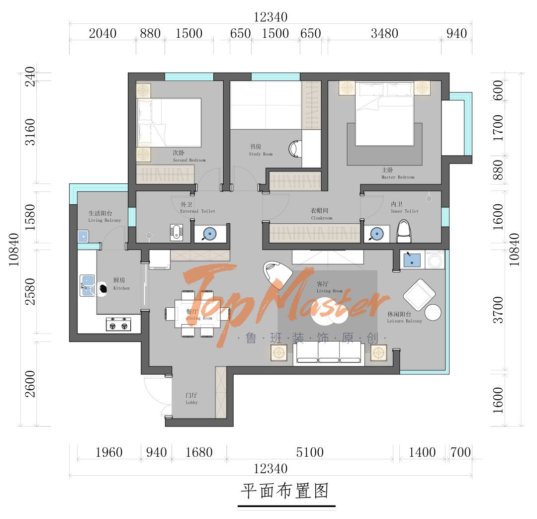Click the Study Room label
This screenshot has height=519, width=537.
(x=261, y=150)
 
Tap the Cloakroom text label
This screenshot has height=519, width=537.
(x=321, y=214)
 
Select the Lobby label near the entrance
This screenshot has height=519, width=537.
(x=191, y=398)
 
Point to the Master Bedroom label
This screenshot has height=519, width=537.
(x=397, y=173)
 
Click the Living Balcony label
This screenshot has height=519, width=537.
(x=104, y=216)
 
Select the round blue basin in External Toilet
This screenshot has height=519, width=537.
(x=210, y=234)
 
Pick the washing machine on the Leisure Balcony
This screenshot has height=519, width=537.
(x=436, y=259)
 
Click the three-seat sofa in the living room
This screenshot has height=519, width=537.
(x=328, y=354)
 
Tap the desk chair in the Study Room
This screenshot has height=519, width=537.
(x=295, y=148)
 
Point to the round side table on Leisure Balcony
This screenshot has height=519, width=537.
(x=433, y=312)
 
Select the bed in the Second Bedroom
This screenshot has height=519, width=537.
(x=169, y=122)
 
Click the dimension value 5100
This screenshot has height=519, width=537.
(x=310, y=452)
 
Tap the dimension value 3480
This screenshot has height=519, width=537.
(x=384, y=33)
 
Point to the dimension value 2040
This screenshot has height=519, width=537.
(x=102, y=33)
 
